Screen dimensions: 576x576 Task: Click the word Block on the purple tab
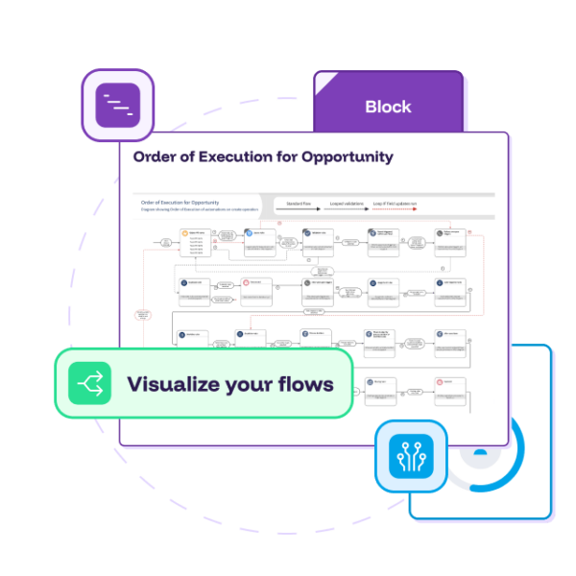click(x=388, y=107)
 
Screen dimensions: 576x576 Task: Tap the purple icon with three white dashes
click(x=118, y=106)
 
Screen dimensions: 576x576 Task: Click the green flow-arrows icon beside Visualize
click(x=89, y=385)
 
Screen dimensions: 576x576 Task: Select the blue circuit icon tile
click(x=411, y=456)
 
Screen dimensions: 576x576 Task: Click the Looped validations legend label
click(x=349, y=204)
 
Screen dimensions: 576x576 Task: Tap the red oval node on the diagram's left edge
click(x=142, y=314)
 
